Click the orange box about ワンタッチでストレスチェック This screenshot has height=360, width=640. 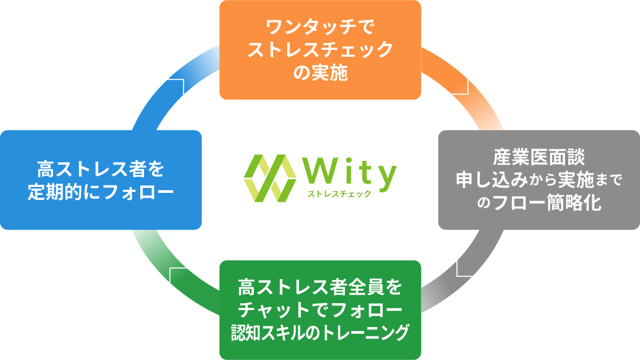[320, 50]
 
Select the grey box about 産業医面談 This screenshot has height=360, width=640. [539, 180]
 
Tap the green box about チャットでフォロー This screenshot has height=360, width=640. [320, 310]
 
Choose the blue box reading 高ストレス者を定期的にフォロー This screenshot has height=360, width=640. [101, 180]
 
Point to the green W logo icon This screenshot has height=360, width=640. [270, 178]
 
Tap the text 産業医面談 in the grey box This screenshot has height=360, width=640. [539, 159]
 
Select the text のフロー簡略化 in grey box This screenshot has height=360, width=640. [539, 204]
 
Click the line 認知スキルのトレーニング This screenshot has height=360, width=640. [320, 332]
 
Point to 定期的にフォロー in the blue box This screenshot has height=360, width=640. [101, 192]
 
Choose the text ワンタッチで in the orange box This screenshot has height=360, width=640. [320, 27]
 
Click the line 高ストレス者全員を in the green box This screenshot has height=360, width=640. [320, 287]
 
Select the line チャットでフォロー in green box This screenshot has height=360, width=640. [320, 310]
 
